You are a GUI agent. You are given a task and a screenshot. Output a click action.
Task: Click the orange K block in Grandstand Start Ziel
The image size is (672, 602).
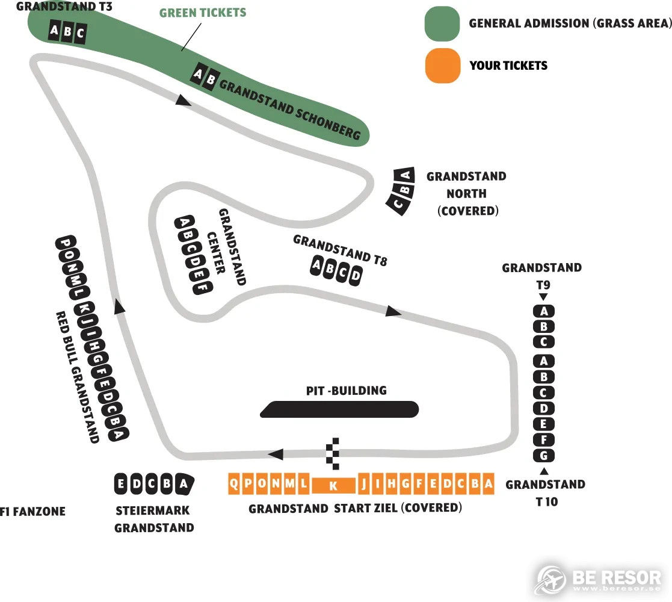click(333, 485)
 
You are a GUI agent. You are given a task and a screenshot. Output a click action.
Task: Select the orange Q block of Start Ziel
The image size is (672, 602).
click(233, 483)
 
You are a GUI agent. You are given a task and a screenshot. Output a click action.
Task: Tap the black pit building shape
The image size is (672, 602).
click(339, 409)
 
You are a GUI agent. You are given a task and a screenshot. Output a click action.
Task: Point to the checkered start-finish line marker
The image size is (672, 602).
click(333, 454)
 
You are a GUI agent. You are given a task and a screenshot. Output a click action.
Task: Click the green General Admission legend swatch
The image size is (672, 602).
click(442, 23)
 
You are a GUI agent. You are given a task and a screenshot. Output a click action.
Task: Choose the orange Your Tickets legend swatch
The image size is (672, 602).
click(443, 65)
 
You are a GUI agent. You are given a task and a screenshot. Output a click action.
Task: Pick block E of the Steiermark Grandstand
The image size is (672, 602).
click(121, 483)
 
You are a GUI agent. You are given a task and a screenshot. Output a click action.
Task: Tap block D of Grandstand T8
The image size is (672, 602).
click(356, 276)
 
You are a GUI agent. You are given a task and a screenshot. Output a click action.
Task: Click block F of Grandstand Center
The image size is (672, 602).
click(203, 287)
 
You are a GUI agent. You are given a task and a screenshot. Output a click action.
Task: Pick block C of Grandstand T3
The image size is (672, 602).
click(80, 33)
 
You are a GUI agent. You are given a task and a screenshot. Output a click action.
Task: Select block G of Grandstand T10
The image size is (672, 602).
click(543, 455)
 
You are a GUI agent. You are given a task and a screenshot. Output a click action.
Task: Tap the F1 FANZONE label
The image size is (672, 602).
click(33, 511)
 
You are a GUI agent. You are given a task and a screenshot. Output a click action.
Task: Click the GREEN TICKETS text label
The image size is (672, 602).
click(203, 13)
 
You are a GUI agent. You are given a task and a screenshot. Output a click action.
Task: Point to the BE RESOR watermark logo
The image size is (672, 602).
click(598, 579)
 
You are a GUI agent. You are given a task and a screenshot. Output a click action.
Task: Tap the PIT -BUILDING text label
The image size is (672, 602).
click(347, 391)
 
